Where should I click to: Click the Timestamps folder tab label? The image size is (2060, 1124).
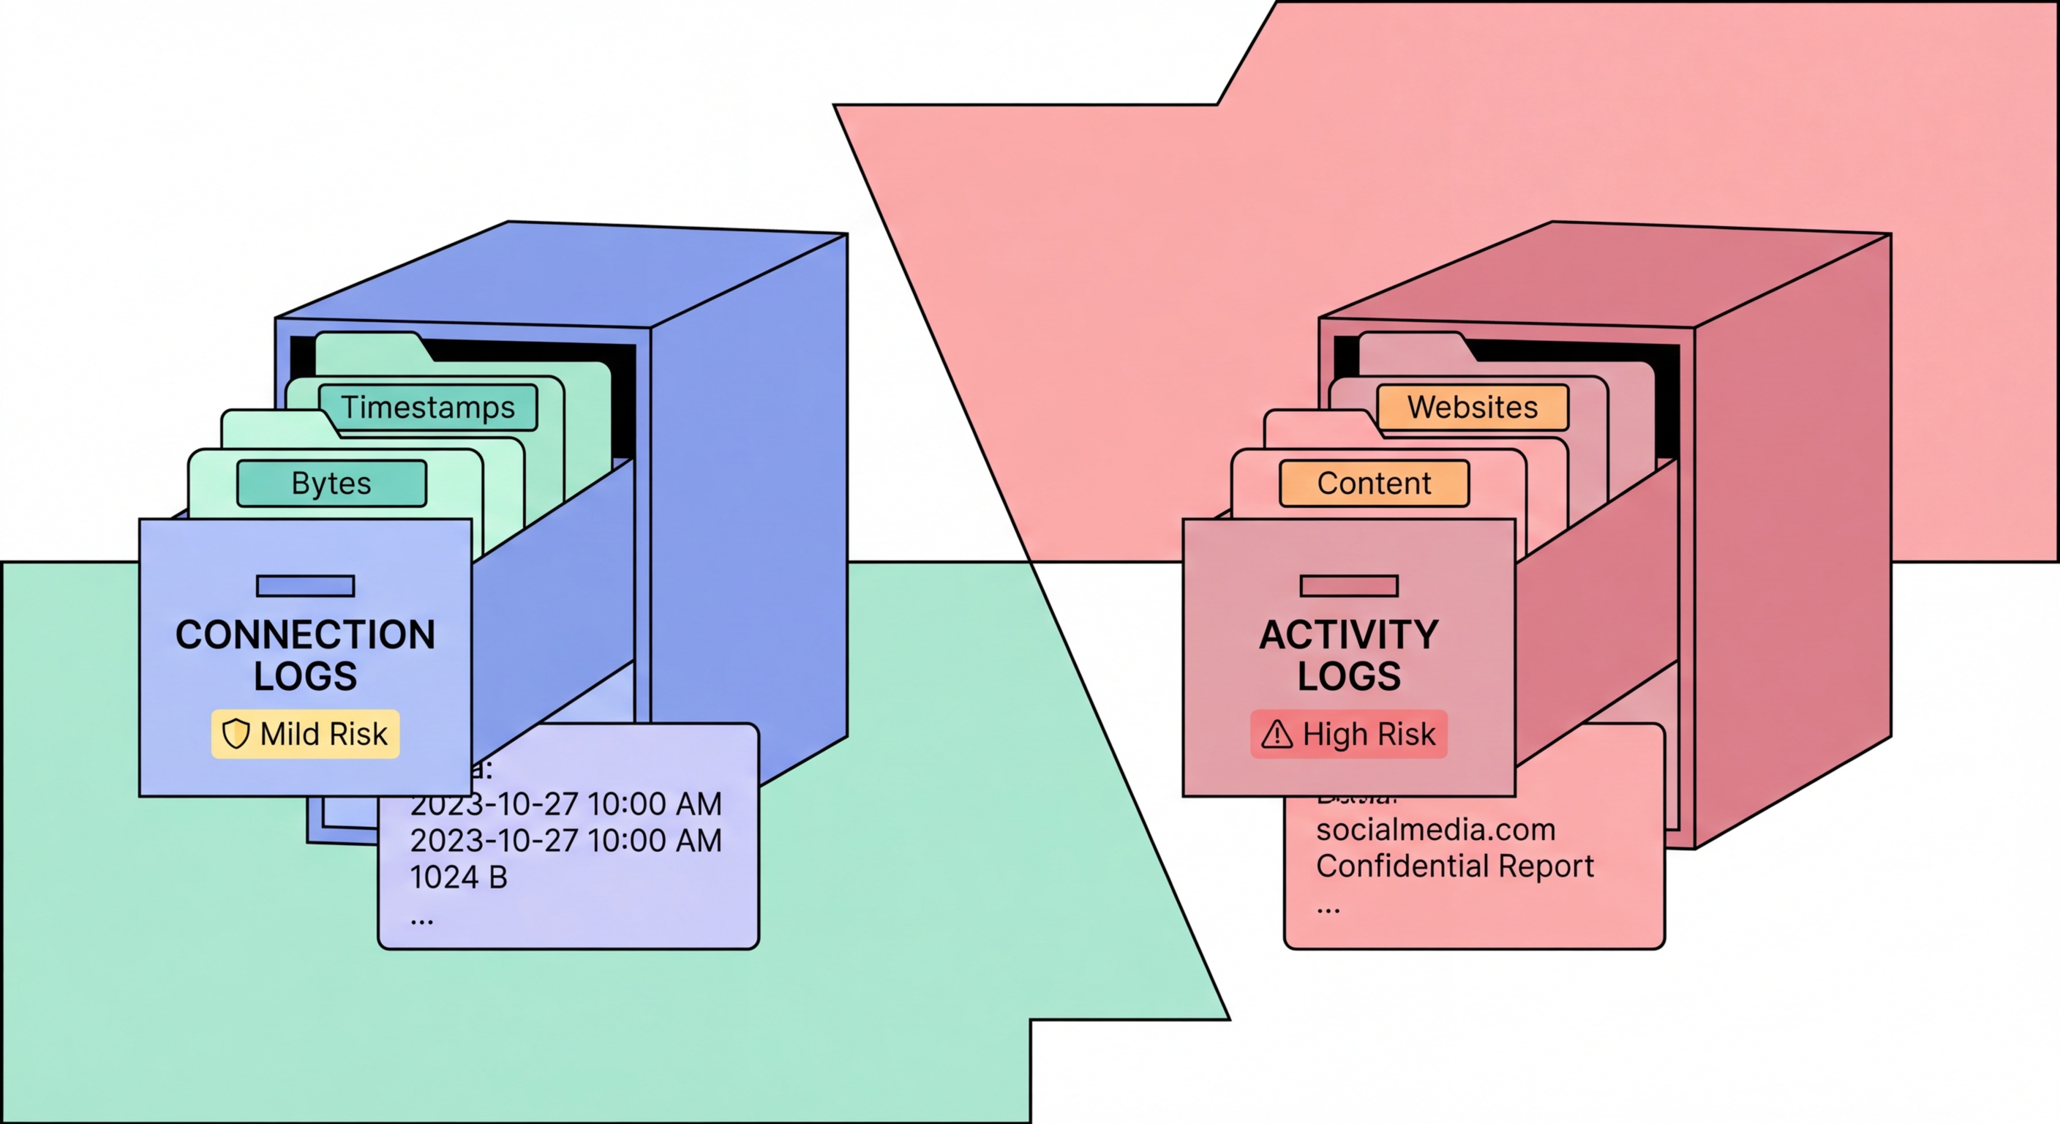click(428, 407)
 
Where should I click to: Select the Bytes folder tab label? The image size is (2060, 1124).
click(331, 483)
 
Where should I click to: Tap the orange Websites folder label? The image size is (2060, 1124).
click(1473, 407)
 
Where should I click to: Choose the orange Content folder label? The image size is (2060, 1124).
click(1374, 483)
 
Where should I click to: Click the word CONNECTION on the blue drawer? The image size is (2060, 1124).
click(306, 634)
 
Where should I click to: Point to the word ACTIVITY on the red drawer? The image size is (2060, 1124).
click(1348, 634)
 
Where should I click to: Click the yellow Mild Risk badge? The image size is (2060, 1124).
click(306, 733)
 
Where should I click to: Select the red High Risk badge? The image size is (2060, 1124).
click(1348, 733)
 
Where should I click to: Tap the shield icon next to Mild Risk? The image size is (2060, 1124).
click(236, 733)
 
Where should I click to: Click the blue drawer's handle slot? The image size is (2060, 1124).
click(306, 585)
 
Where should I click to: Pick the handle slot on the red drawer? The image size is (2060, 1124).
click(1348, 585)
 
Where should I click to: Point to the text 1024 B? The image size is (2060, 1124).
click(458, 877)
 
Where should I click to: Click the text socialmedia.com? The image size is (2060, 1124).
click(1435, 830)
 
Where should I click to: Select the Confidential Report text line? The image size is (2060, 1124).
click(1454, 866)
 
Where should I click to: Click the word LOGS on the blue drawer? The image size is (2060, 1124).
click(306, 676)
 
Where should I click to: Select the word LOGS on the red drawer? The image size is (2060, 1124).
click(1348, 676)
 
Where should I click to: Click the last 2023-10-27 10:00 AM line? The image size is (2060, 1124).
click(565, 841)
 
